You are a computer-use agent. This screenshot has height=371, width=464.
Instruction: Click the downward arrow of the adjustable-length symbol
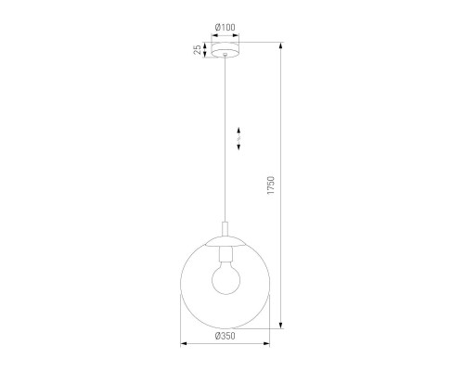[238, 145]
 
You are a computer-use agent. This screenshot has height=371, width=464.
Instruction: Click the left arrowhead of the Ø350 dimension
[180, 345]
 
